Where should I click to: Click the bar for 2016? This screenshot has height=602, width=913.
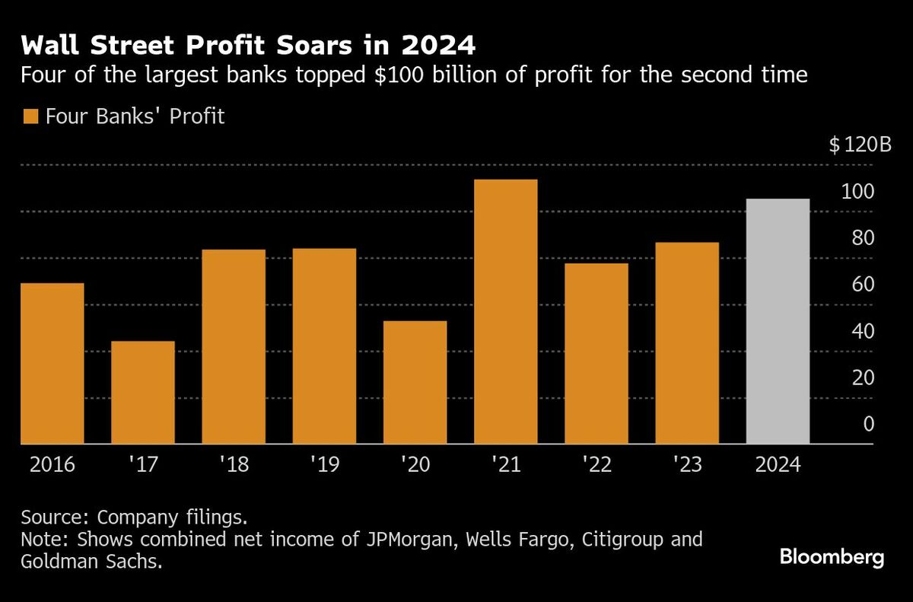pyautogui.click(x=52, y=363)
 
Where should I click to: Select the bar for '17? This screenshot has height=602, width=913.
pyautogui.click(x=142, y=392)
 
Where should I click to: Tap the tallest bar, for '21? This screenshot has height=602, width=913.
pyautogui.click(x=505, y=311)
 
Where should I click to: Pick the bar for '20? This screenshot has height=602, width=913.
pyautogui.click(x=415, y=382)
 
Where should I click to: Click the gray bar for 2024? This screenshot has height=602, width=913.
pyautogui.click(x=778, y=321)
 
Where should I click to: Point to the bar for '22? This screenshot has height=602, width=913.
pyautogui.click(x=596, y=353)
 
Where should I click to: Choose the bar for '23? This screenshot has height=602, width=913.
pyautogui.click(x=687, y=342)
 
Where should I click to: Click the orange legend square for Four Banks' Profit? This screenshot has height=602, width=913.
pyautogui.click(x=30, y=117)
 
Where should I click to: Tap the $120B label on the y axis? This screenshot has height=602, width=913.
pyautogui.click(x=860, y=145)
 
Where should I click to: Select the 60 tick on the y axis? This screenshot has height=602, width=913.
pyautogui.click(x=863, y=285)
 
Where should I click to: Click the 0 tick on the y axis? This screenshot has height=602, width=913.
pyautogui.click(x=868, y=425)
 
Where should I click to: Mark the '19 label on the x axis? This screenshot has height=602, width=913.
pyautogui.click(x=324, y=465)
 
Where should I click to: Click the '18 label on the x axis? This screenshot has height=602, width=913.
pyautogui.click(x=234, y=465)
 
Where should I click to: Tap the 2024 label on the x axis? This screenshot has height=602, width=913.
pyautogui.click(x=778, y=465)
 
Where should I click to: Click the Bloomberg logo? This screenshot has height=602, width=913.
pyautogui.click(x=832, y=558)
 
